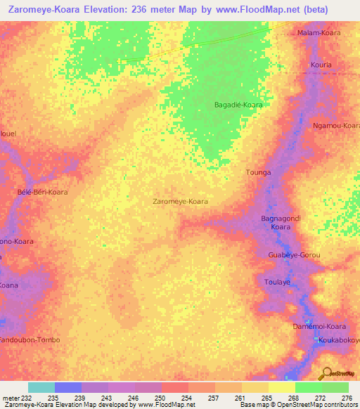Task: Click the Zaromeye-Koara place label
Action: (x=180, y=201)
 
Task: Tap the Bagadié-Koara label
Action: (x=238, y=105)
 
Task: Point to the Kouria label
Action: (x=320, y=65)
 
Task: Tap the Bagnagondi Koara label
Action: (x=281, y=223)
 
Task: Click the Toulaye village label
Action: (x=277, y=281)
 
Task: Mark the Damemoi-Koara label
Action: (x=320, y=327)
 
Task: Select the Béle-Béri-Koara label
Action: (x=42, y=192)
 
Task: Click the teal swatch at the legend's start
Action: (x=41, y=387)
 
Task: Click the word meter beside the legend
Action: (x=11, y=398)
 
